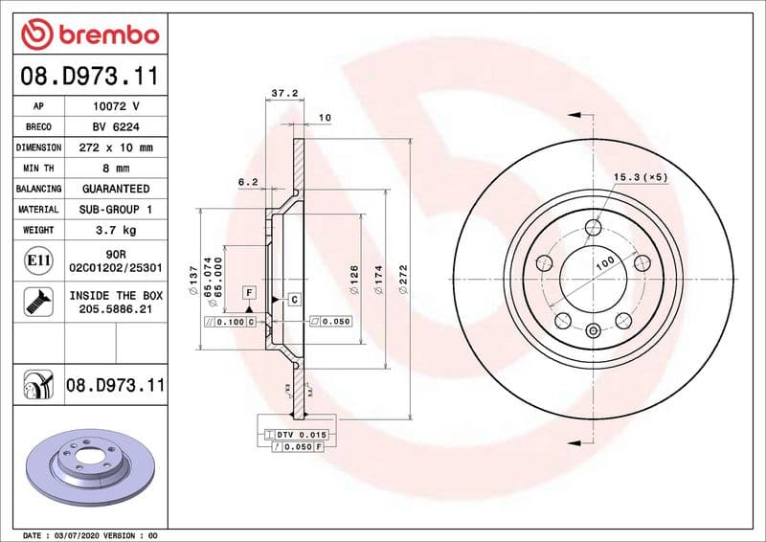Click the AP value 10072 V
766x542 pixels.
tap(114, 106)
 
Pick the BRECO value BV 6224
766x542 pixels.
tap(114, 126)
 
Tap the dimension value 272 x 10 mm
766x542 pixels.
tap(114, 147)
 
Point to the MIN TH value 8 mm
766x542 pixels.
tap(114, 169)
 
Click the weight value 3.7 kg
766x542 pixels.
tap(114, 230)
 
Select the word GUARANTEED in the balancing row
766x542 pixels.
tap(114, 189)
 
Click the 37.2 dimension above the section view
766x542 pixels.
tap(282, 94)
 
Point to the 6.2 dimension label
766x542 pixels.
tap(248, 181)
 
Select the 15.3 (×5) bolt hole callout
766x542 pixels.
tap(641, 177)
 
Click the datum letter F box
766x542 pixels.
tap(249, 291)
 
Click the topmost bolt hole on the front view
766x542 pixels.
tap(594, 227)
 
